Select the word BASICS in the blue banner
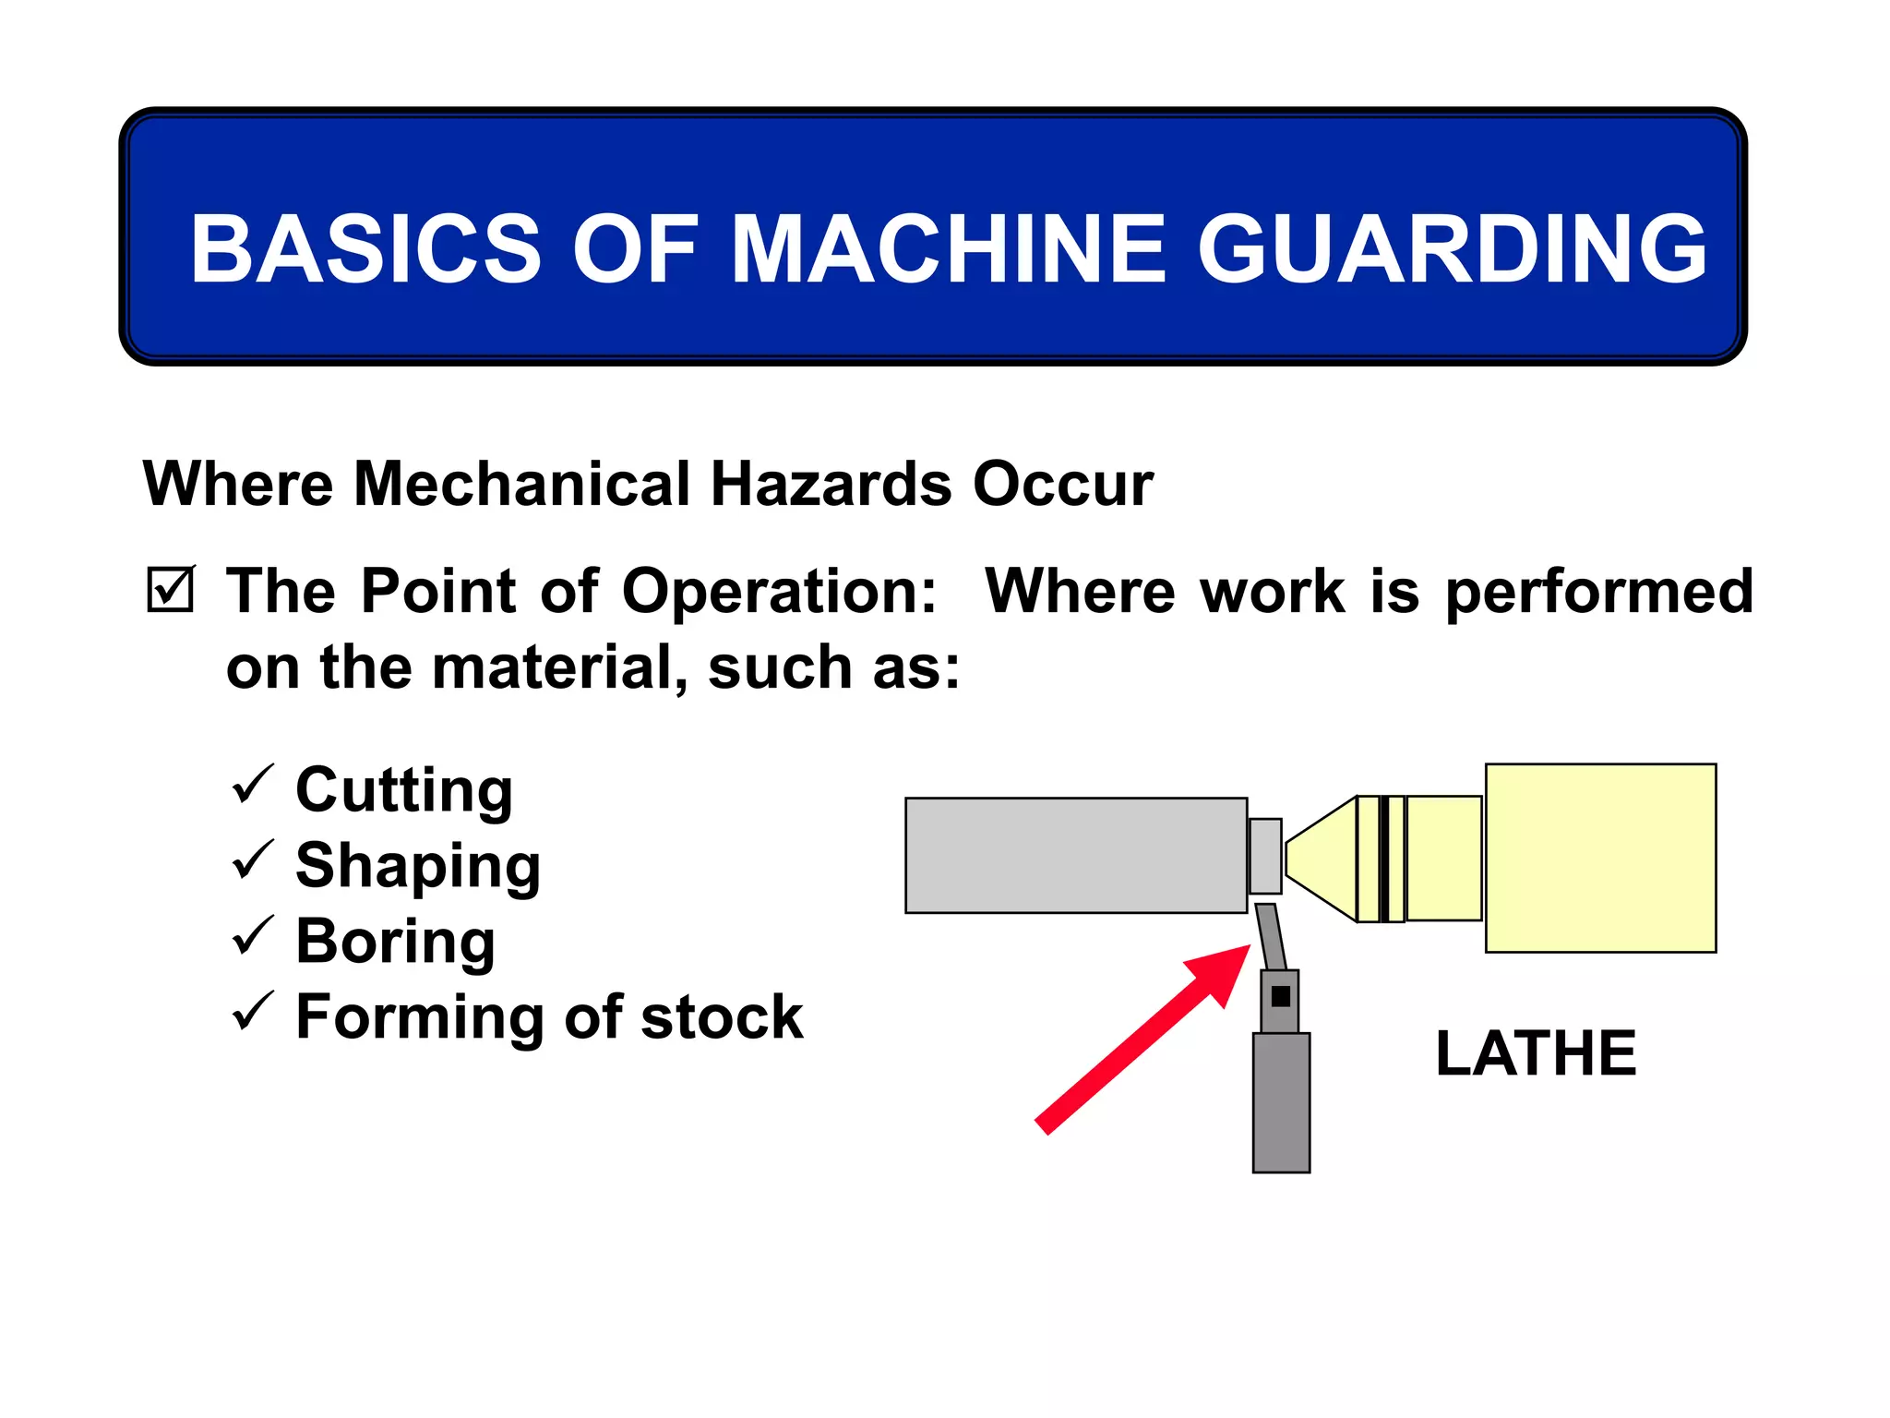tap(365, 249)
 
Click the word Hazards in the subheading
tap(830, 484)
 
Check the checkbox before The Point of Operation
tap(171, 590)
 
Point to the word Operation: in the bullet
tap(779, 591)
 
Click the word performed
tap(1598, 591)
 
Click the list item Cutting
tap(404, 790)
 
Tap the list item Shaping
tap(418, 866)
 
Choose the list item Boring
tap(395, 942)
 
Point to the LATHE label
tap(1536, 1053)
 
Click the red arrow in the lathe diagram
tap(1144, 1039)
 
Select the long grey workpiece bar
tap(1076, 856)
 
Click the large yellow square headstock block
tap(1600, 858)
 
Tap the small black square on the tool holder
tap(1280, 996)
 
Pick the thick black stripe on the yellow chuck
tap(1383, 859)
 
